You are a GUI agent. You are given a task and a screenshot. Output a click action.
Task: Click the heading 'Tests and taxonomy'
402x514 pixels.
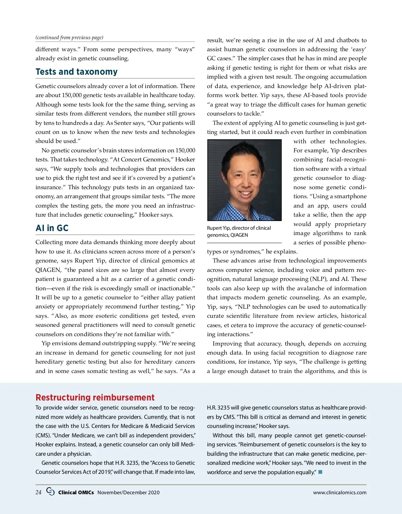76,72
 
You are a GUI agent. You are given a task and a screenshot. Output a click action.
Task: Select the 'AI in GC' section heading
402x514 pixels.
52,228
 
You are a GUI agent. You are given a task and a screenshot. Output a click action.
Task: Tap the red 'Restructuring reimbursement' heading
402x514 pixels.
95,397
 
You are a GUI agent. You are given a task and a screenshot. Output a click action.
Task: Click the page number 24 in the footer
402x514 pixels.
39,492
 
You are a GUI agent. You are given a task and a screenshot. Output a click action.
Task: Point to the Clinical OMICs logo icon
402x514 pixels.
50,492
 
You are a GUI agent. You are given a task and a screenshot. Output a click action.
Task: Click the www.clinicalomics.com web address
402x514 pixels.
340,493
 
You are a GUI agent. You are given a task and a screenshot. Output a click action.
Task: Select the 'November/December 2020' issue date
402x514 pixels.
128,493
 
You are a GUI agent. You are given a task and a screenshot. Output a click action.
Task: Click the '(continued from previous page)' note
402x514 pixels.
69,38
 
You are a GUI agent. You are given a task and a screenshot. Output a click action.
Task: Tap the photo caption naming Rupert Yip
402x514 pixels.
239,231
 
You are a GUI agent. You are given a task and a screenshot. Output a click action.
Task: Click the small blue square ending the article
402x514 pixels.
320,472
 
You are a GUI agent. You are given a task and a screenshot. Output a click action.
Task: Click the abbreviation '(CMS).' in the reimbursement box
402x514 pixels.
43,435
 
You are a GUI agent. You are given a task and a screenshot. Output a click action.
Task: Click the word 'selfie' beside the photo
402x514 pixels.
317,215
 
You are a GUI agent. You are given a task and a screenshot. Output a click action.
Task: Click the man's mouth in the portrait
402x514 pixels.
246,194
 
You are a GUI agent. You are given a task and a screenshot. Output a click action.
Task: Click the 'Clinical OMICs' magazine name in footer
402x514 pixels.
76,493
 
